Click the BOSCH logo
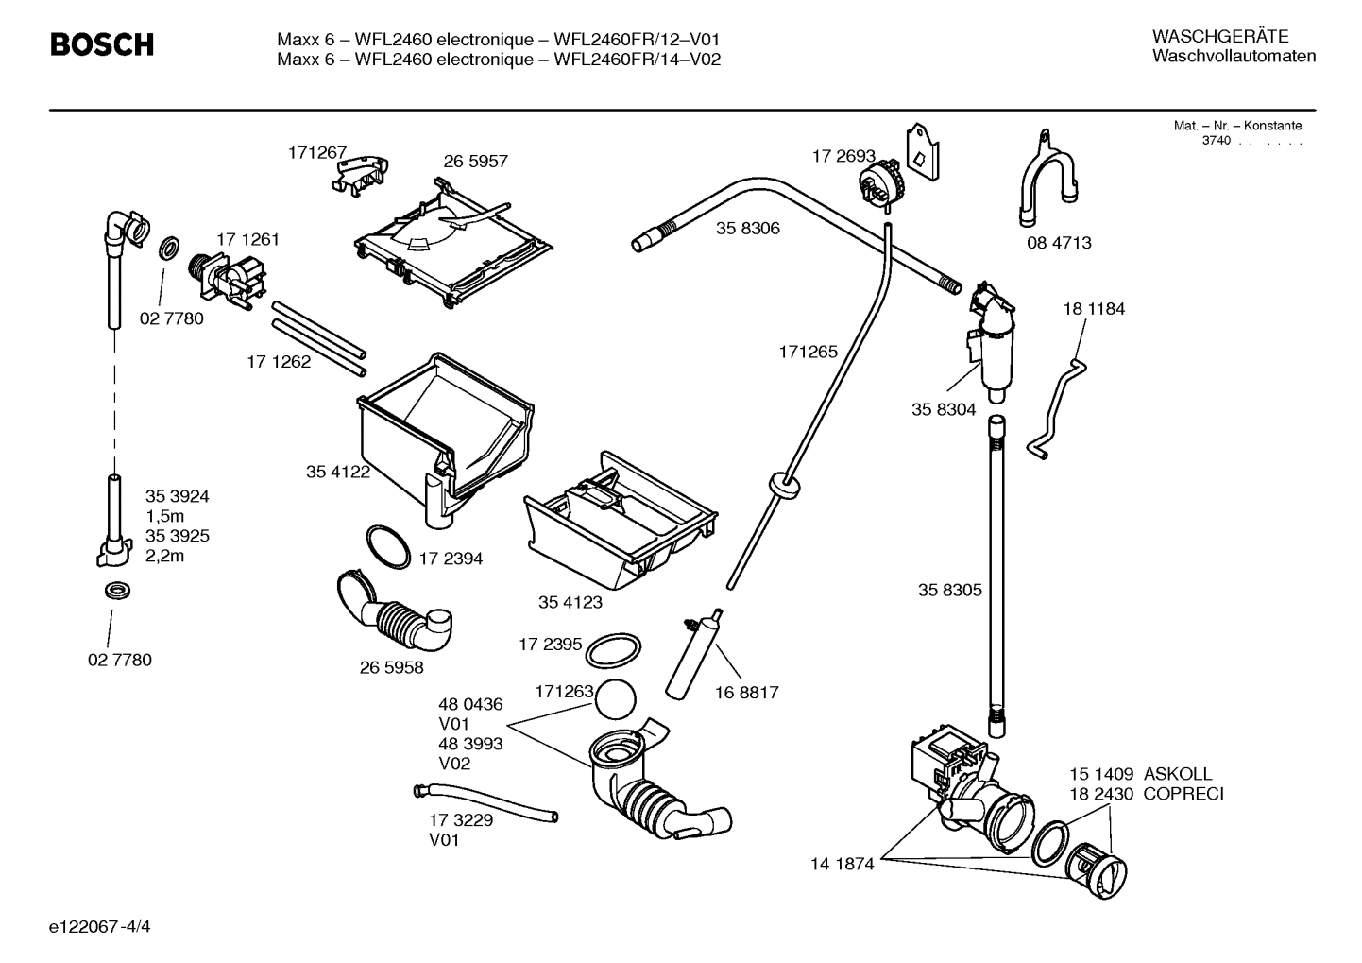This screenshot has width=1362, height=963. coord(101,44)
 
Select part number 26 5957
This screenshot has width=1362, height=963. coord(475,162)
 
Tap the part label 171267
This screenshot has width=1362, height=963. coord(317,152)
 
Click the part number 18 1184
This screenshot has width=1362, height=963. coord(1094,309)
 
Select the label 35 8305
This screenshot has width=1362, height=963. coord(949,591)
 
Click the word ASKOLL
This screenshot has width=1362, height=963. coord(1177,774)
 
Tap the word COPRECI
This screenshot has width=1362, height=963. coord(1183,794)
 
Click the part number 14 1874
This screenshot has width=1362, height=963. coord(842,863)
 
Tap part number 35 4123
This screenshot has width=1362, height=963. coord(570,602)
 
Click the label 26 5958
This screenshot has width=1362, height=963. coord(391,667)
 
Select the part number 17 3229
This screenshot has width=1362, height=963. coord(461,820)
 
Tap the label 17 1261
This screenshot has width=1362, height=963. coord(247,240)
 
